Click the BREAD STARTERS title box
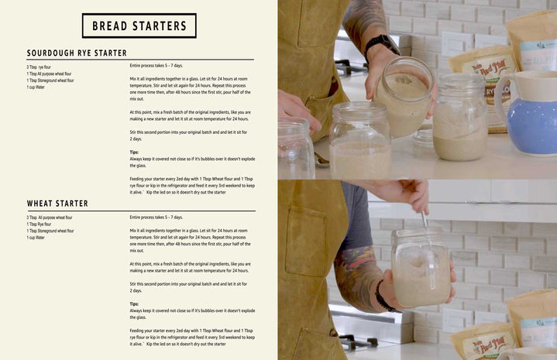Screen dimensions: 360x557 tap(139, 26)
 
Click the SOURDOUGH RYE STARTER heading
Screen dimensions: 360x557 tap(77, 53)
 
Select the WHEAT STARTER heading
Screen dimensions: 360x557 tap(57, 204)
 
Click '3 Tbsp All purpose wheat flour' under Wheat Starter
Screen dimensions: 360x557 tap(50, 218)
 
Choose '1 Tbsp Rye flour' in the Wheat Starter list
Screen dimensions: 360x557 tap(42, 225)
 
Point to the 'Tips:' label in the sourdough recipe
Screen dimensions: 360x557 tap(135, 153)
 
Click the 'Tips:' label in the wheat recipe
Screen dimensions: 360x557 tap(135, 304)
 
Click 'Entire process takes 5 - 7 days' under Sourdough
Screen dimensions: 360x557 tap(156, 67)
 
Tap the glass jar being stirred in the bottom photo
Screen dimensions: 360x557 tap(421, 267)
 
